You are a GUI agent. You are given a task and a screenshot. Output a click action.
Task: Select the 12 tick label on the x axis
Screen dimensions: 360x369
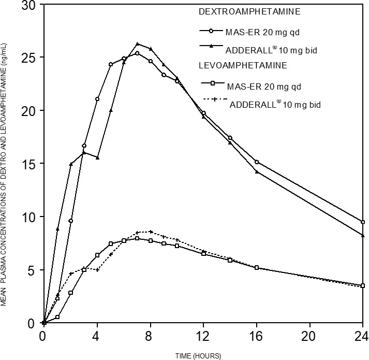click(203, 335)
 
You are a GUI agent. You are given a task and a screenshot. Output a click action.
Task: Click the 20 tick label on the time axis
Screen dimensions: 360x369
click(309, 335)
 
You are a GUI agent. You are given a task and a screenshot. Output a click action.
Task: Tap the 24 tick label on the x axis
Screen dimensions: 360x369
click(362, 335)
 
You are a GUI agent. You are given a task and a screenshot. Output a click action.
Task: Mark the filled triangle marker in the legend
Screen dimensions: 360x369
click(212, 47)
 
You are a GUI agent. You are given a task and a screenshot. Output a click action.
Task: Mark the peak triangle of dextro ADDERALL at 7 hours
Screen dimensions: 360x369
click(137, 44)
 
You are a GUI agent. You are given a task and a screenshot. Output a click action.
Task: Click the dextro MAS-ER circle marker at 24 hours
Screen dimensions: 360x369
click(363, 222)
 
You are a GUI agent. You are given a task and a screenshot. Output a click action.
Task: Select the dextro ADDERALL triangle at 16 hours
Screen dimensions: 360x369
click(257, 171)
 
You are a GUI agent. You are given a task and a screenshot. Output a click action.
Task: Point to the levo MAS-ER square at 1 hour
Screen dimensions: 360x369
click(57, 316)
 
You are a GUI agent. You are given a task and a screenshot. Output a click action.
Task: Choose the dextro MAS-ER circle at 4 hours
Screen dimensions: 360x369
click(97, 99)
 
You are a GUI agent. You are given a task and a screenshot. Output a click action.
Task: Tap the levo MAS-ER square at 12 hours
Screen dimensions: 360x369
click(203, 253)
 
